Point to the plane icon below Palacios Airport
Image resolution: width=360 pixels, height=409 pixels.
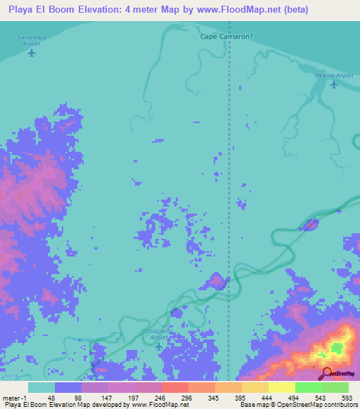tap(333, 85)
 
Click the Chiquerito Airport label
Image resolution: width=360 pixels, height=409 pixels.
tap(159, 335)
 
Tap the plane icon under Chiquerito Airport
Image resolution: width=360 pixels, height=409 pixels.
tap(159, 346)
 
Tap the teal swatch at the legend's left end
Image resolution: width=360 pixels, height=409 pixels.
tap(41, 387)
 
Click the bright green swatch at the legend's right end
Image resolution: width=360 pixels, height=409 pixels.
tap(335, 387)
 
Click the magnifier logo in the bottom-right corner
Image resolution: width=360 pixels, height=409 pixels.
tap(327, 373)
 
